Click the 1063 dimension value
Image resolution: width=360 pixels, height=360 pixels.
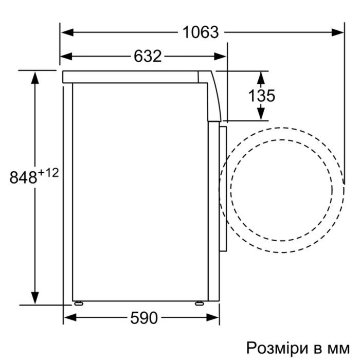coord(201,32)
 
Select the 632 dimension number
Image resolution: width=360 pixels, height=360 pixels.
coord(148,56)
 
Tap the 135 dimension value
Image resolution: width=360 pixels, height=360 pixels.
coord(261,96)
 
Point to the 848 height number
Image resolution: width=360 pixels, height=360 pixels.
coord(23,177)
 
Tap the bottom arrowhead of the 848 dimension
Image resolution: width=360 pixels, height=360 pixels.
coord(35,298)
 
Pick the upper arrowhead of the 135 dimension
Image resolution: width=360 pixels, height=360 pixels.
coord(261,77)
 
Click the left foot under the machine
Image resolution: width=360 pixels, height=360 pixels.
coord(78,303)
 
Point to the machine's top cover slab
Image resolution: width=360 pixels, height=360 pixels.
coord(134,77)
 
